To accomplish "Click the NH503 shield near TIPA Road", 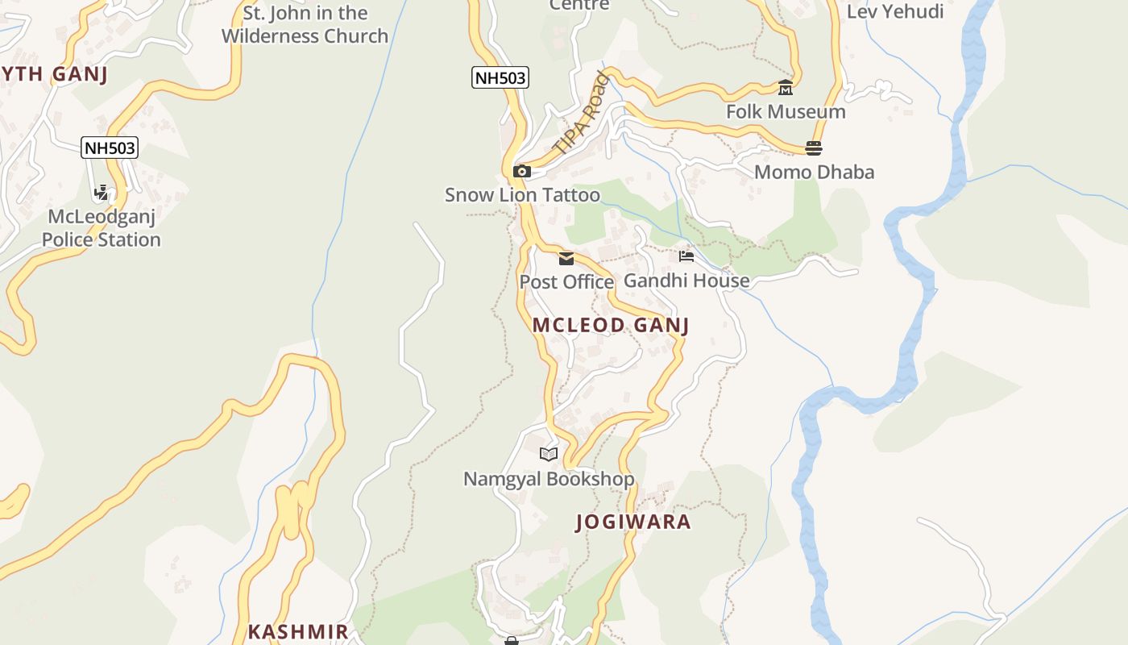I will pos(500,77).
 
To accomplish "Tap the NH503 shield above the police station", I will pos(110,148).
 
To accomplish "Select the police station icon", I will pos(102,193).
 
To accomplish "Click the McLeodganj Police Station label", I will pos(102,228).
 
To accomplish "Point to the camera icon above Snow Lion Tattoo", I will pos(522,171).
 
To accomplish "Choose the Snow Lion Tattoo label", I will pos(522,195).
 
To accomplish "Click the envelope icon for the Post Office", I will pos(566,258).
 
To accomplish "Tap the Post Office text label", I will pos(566,282).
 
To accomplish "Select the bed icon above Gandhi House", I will pos(686,256).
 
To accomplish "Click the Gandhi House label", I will pos(686,281).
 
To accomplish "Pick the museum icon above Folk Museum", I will pos(786,87).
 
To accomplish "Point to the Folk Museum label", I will pos(786,112).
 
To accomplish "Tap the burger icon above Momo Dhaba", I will pos(814,148).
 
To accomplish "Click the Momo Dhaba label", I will pos(814,172).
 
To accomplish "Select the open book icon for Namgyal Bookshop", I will pos(549,454).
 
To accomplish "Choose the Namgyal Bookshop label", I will pos(549,479).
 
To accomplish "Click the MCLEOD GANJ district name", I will pos(611,325).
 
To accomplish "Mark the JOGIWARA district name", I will pos(633,522).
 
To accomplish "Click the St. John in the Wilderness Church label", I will pos(305,24).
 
